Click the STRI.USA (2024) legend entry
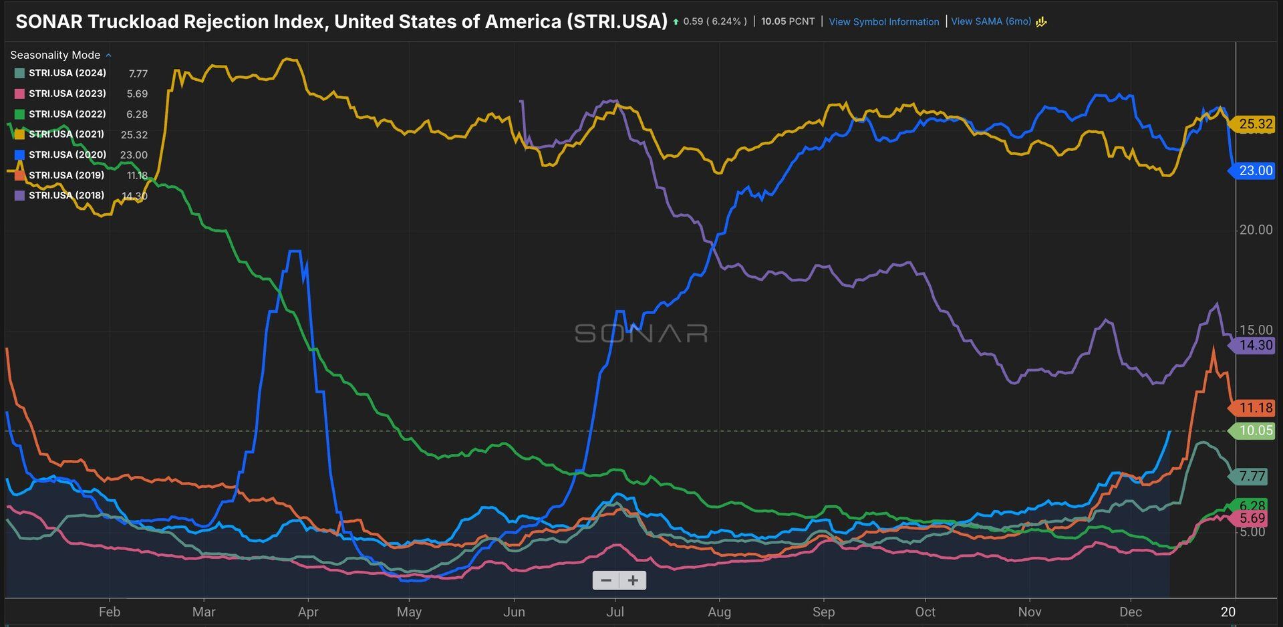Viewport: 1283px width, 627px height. [x=67, y=73]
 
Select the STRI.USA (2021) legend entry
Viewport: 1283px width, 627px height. [x=67, y=134]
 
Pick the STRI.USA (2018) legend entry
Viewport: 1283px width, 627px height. [x=67, y=195]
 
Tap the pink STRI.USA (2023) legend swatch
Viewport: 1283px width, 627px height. [x=19, y=94]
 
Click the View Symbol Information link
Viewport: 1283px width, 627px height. [x=883, y=21]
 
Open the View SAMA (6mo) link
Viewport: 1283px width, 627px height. [x=991, y=21]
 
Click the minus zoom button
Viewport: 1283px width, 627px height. [x=606, y=580]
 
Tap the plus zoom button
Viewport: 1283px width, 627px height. [x=633, y=580]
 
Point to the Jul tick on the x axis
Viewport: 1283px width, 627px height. [x=615, y=612]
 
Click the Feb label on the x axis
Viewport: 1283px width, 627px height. [x=110, y=612]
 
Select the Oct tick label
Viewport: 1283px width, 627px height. [x=925, y=612]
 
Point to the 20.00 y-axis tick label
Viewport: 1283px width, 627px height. [x=1256, y=230]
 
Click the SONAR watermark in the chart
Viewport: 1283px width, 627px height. [x=641, y=333]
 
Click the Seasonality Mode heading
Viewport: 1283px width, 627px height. [x=55, y=55]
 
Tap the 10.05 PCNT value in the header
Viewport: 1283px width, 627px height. [x=788, y=21]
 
